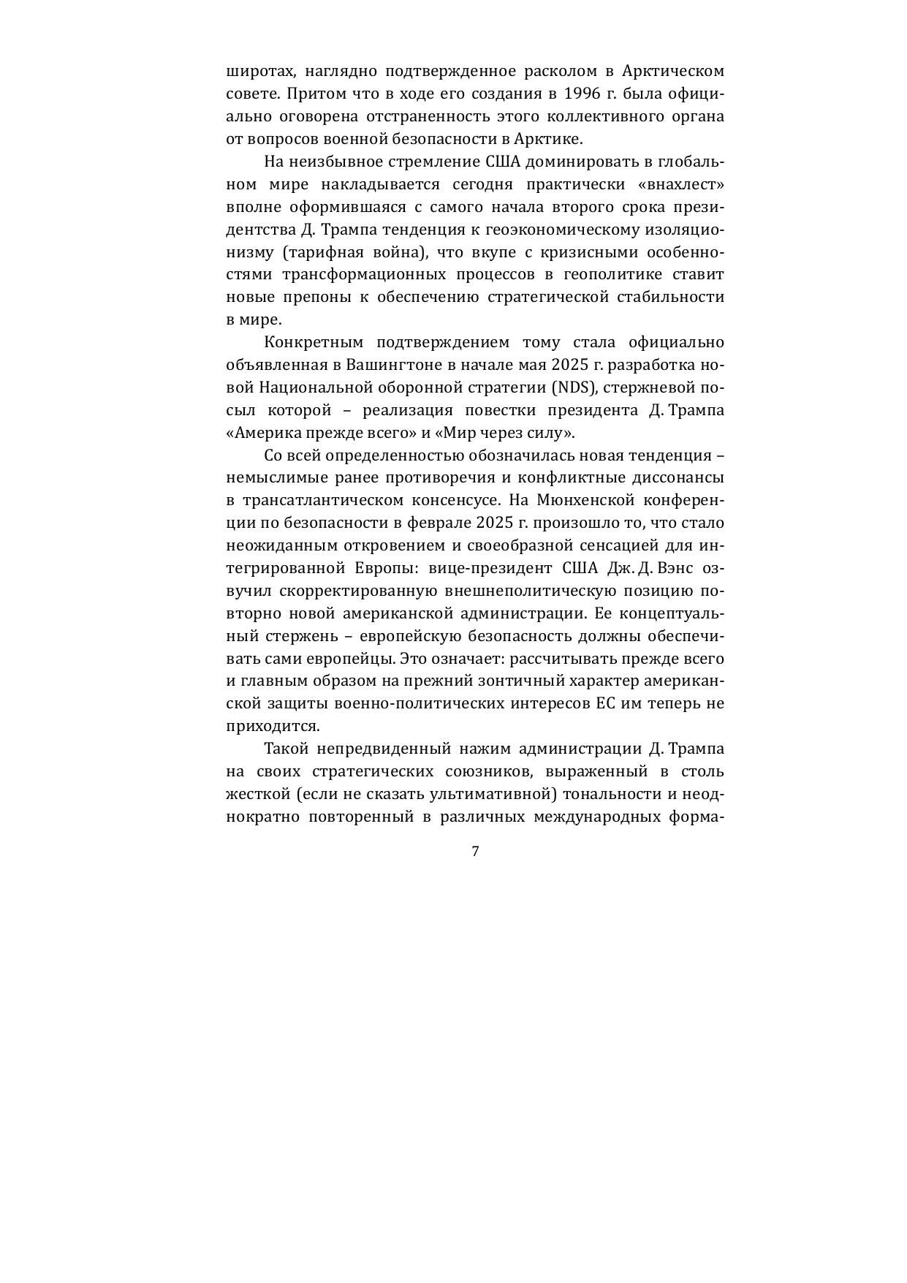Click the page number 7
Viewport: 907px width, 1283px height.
click(x=475, y=851)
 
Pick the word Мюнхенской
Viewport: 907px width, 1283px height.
click(x=585, y=500)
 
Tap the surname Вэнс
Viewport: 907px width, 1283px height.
click(x=679, y=568)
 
